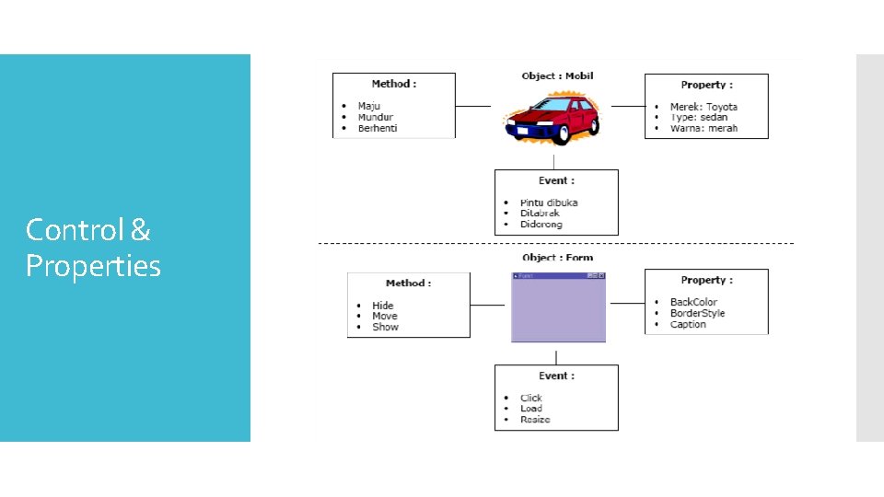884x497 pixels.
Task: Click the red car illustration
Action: [x=551, y=119]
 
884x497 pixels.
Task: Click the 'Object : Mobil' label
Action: [x=557, y=76]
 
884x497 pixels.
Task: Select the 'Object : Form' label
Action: [x=557, y=258]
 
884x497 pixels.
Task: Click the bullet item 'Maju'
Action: [x=368, y=107]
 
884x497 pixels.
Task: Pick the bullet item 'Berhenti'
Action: [x=378, y=129]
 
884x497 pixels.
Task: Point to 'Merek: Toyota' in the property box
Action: [x=704, y=107]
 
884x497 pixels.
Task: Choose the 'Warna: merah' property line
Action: [x=704, y=129]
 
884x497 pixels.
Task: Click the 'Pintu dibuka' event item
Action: [x=549, y=202]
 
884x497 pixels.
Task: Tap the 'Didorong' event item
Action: [x=541, y=225]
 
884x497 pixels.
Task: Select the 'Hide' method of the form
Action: [x=382, y=306]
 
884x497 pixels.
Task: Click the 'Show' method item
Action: [x=385, y=327]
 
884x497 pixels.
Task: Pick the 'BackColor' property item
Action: [x=693, y=302]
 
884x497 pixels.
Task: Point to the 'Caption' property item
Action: [x=688, y=324]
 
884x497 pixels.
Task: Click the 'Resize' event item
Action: [x=535, y=420]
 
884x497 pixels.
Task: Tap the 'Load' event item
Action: [x=530, y=409]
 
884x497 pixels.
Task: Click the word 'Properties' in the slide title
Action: [x=93, y=267]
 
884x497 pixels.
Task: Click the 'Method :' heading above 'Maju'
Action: [x=393, y=84]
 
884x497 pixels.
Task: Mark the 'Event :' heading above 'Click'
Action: [x=556, y=376]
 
